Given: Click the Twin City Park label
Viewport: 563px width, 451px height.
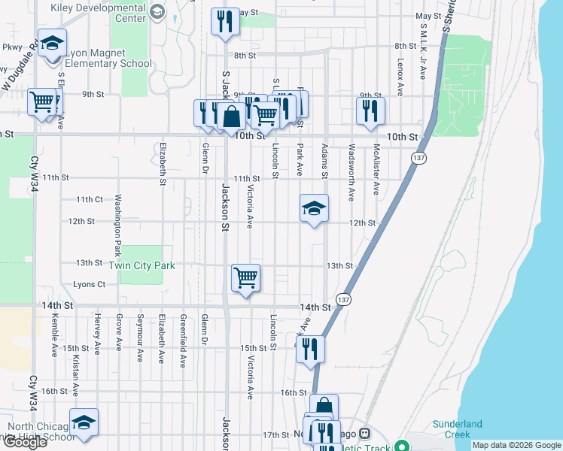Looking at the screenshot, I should (x=142, y=266).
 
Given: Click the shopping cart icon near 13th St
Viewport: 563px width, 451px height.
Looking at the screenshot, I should (x=246, y=277).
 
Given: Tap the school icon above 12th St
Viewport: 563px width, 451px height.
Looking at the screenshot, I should (x=314, y=208).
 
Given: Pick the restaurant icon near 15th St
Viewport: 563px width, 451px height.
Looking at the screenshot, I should (x=309, y=349).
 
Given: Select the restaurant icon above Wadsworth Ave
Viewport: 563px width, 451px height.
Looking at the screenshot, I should (x=370, y=110).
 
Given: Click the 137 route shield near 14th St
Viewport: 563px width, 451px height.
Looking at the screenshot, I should (x=342, y=298).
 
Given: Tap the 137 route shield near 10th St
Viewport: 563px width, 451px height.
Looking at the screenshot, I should (x=418, y=158).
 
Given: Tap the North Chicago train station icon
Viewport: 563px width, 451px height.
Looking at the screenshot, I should (x=365, y=434).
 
